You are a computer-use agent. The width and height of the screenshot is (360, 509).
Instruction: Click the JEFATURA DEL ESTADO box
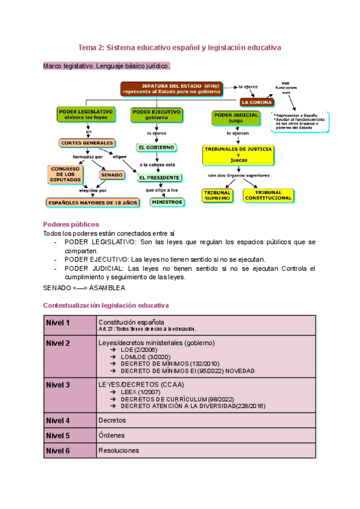(172, 89)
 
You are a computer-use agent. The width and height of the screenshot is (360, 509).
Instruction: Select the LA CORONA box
(257, 102)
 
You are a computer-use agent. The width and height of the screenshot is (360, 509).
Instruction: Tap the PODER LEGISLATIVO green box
(86, 114)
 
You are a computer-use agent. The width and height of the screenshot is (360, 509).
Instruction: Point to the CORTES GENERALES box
(87, 143)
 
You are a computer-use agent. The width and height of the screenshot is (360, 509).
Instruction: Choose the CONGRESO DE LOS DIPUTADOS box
(64, 174)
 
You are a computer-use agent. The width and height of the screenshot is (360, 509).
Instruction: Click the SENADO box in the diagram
(112, 175)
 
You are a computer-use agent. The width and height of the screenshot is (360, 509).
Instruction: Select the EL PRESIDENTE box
(159, 178)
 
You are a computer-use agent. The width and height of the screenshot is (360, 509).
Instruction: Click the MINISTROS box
(166, 202)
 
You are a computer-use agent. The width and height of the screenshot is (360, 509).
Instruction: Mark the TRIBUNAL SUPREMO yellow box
(217, 194)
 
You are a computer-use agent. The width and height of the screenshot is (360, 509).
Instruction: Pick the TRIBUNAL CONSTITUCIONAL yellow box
(268, 194)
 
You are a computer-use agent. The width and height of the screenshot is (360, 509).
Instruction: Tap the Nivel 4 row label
(59, 420)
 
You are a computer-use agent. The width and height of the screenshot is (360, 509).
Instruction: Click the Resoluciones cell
(118, 450)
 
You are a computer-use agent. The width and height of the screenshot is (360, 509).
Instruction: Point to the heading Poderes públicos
(67, 223)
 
